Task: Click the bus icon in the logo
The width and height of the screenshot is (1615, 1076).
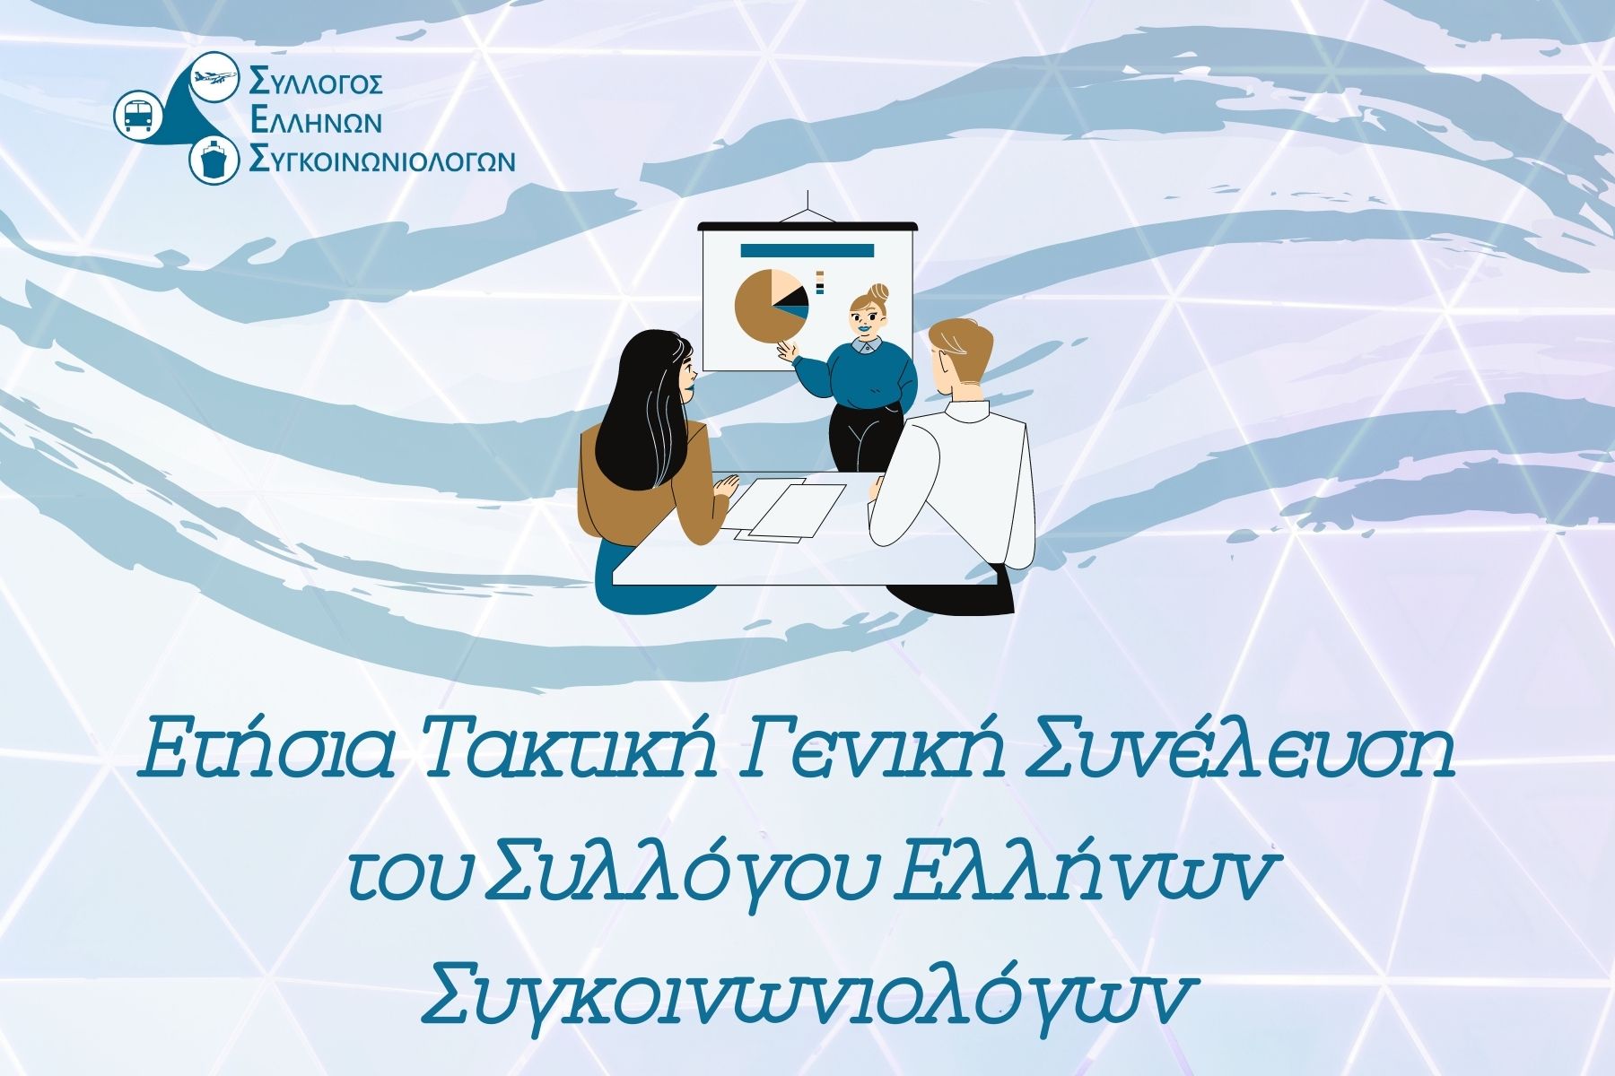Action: [x=138, y=114]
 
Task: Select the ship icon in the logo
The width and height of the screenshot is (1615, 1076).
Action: [x=214, y=161]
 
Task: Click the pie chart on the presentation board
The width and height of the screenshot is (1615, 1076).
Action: [x=771, y=305]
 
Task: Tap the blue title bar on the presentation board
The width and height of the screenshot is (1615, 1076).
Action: [x=807, y=250]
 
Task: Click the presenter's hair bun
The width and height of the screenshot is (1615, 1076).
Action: [x=875, y=291]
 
